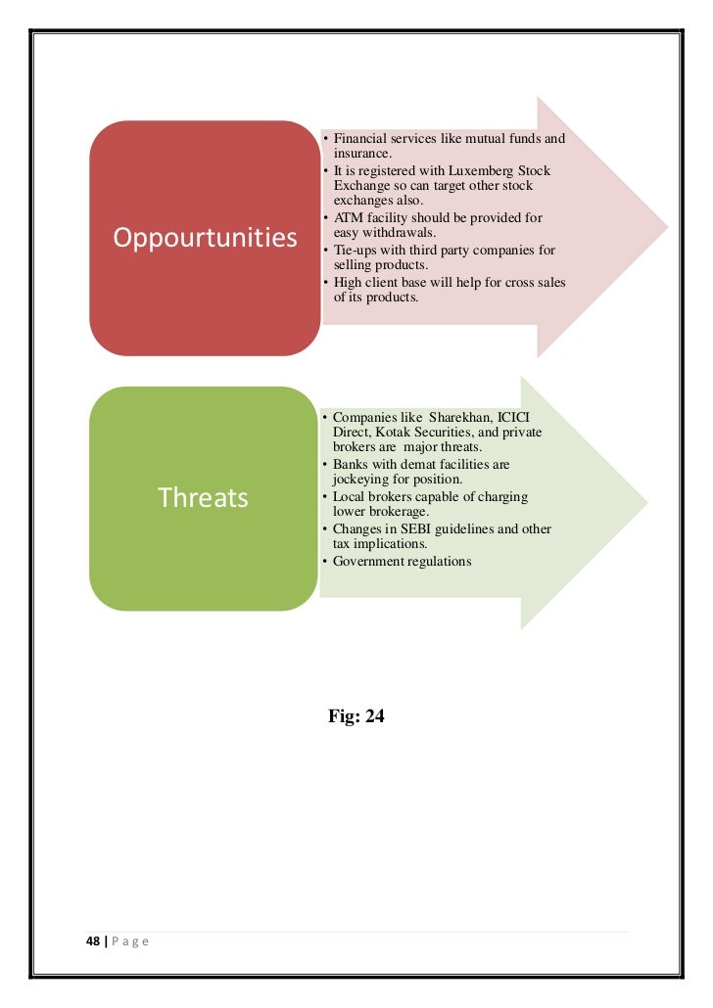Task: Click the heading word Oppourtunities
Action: [x=206, y=238]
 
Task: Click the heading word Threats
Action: [x=204, y=498]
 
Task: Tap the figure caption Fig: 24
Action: [x=356, y=717]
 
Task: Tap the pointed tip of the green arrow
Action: [x=646, y=503]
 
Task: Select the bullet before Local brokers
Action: [x=324, y=497]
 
